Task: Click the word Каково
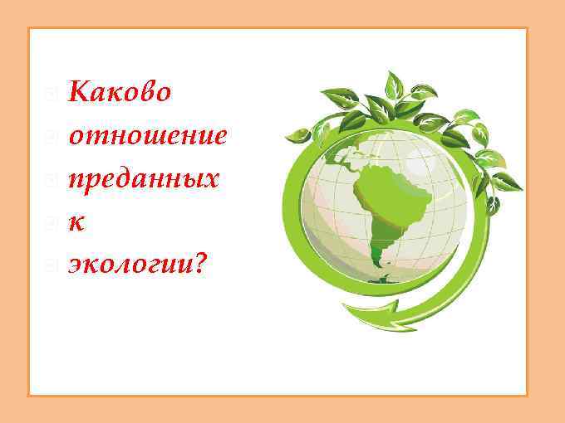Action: click(x=120, y=91)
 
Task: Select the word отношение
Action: click(x=147, y=136)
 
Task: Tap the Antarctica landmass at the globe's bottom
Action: click(x=384, y=280)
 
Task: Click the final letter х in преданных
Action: click(x=213, y=181)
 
